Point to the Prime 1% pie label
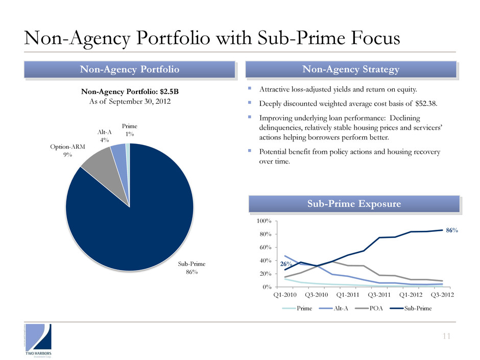130,130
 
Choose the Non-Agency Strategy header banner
350,69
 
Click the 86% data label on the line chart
451,231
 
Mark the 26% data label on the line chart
286,263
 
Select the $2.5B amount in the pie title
167,92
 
